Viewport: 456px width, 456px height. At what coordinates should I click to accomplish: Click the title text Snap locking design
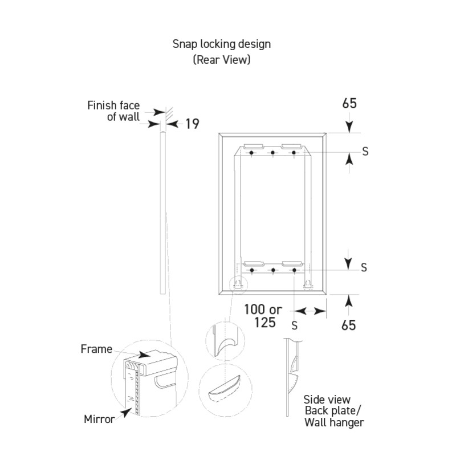pyautogui.click(x=222, y=44)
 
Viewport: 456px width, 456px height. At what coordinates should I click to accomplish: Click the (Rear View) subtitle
pyautogui.click(x=222, y=59)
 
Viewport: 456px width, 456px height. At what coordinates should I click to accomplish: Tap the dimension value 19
pyautogui.click(x=192, y=123)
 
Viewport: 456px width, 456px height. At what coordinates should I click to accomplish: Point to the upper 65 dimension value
pyautogui.click(x=351, y=104)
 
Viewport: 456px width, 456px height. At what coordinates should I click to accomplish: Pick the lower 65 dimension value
pyautogui.click(x=349, y=325)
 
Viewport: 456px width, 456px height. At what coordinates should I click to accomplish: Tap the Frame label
pyautogui.click(x=96, y=349)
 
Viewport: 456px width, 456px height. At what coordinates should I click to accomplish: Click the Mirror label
pyautogui.click(x=100, y=420)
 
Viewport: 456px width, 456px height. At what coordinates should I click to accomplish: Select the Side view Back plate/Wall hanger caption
pyautogui.click(x=334, y=411)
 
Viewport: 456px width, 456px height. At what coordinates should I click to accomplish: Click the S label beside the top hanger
pyautogui.click(x=365, y=151)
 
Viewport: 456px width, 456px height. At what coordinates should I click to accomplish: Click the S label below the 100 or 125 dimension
pyautogui.click(x=294, y=325)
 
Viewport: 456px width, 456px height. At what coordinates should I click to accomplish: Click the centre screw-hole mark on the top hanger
pyautogui.click(x=273, y=152)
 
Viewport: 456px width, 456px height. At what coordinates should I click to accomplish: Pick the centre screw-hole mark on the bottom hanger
pyautogui.click(x=273, y=270)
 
